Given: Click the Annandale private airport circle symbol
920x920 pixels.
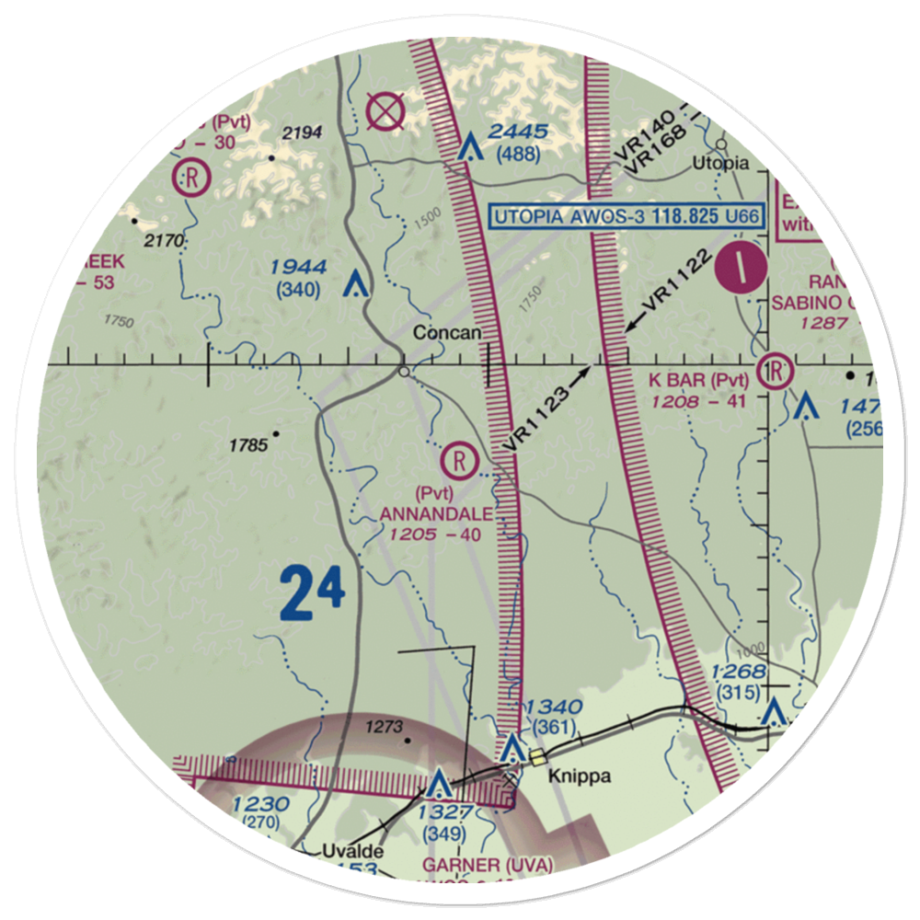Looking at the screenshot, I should [458, 455].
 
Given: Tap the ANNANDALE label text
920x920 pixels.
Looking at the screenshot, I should [436, 514].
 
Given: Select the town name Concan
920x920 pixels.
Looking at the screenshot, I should [446, 332].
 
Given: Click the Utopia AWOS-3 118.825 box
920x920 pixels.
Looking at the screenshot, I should [627, 217].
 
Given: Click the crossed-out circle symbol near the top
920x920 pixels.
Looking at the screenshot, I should [384, 113].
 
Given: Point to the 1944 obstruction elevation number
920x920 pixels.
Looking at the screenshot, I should [298, 269].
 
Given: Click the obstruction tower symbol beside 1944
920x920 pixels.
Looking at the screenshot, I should [351, 284].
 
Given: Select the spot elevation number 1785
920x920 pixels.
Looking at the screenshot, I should [248, 446].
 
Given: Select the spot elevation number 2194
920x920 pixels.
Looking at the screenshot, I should [302, 134].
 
